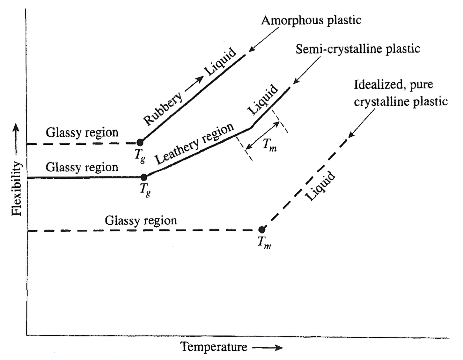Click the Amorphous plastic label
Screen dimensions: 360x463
(x=311, y=20)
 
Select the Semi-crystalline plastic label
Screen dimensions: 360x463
(x=358, y=49)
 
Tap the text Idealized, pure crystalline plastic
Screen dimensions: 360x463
(x=401, y=93)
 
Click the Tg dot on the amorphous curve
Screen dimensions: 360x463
(x=140, y=142)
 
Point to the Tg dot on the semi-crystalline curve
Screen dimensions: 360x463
(x=144, y=177)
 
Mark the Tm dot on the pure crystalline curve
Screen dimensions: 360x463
(x=262, y=229)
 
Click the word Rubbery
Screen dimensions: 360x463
(x=163, y=109)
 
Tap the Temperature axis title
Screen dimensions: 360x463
(x=214, y=347)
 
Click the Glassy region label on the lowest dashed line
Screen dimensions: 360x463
(x=141, y=221)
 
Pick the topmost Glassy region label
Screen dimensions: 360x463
(x=82, y=132)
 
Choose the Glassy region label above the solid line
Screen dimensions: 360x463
(x=82, y=167)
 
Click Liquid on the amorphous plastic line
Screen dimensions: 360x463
(x=220, y=62)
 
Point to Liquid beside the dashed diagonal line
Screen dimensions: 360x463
(x=320, y=186)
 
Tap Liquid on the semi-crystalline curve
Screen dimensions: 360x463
(x=263, y=100)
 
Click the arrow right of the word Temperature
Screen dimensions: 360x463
(x=267, y=348)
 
